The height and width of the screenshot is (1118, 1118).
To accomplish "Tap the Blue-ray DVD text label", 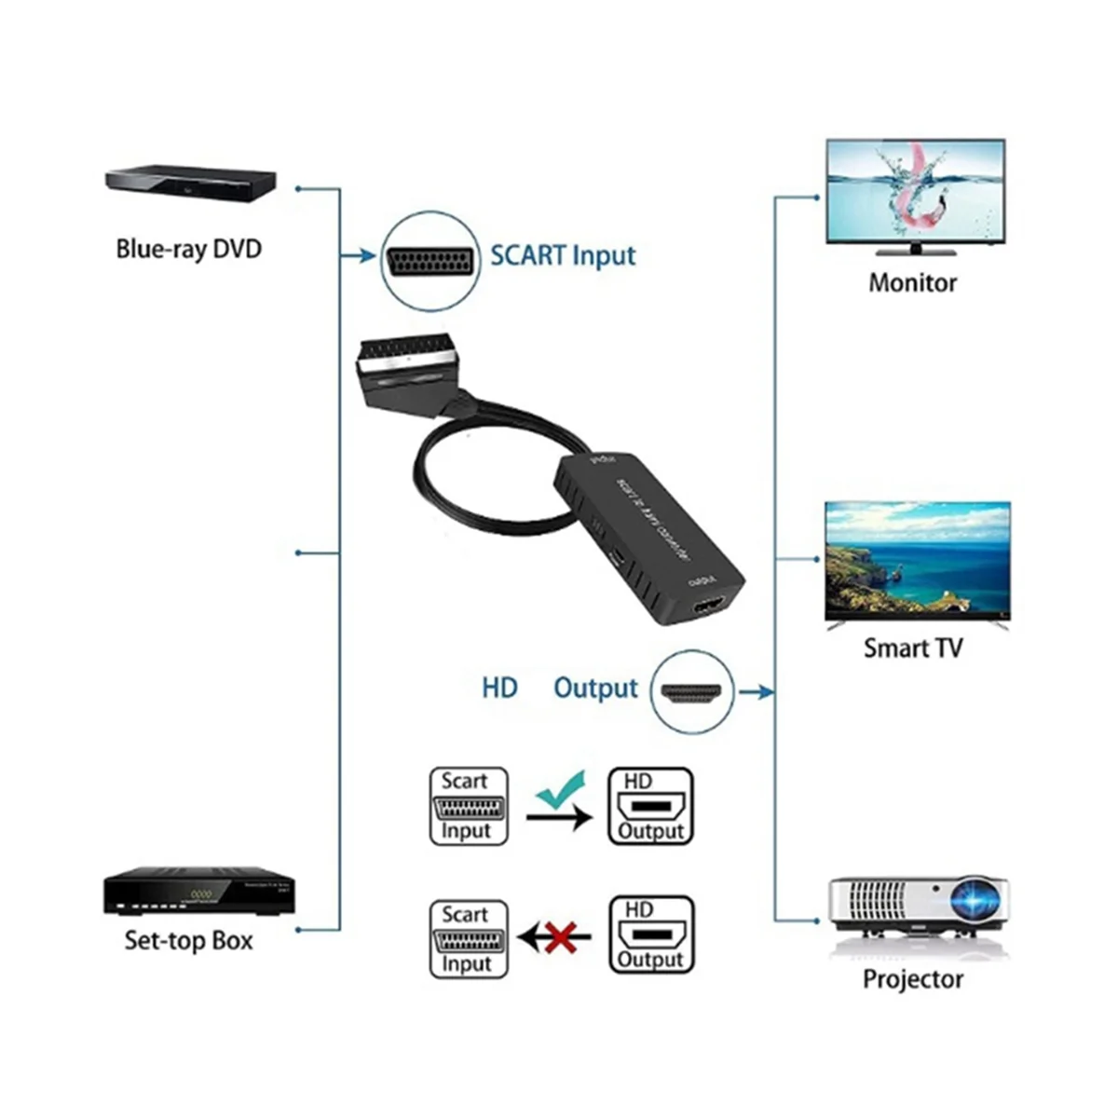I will [x=189, y=249].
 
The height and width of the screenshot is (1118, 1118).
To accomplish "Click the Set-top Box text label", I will [x=189, y=941].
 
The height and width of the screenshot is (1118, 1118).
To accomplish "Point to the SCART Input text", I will [x=563, y=255].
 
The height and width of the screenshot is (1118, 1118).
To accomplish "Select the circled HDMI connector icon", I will [x=691, y=692].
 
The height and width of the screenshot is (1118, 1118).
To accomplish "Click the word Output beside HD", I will [x=596, y=689].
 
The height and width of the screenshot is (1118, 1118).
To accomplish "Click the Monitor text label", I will [x=912, y=282].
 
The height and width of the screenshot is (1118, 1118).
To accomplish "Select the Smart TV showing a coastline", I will [x=918, y=562].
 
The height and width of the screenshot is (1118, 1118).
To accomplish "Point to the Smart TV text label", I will [x=912, y=648].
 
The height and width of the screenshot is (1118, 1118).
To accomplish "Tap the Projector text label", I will [x=912, y=979].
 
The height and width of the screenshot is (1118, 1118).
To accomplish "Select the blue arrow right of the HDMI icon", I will [x=758, y=692].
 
